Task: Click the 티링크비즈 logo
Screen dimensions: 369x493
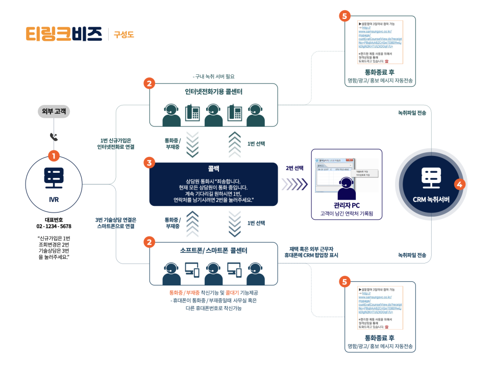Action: click(64, 33)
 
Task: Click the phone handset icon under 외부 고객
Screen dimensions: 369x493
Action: click(54, 137)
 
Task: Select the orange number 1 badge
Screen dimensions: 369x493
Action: click(54, 155)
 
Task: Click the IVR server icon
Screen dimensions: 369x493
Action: click(54, 177)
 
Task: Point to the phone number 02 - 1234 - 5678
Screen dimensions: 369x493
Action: click(54, 225)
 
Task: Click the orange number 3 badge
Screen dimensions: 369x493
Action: click(149, 163)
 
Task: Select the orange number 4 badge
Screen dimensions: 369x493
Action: click(459, 184)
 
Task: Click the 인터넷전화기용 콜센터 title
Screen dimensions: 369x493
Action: click(214, 92)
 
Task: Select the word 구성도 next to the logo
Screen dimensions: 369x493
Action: click(124, 35)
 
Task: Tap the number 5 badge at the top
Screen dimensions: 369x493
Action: click(345, 16)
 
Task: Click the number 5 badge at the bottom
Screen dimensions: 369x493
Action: click(345, 281)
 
